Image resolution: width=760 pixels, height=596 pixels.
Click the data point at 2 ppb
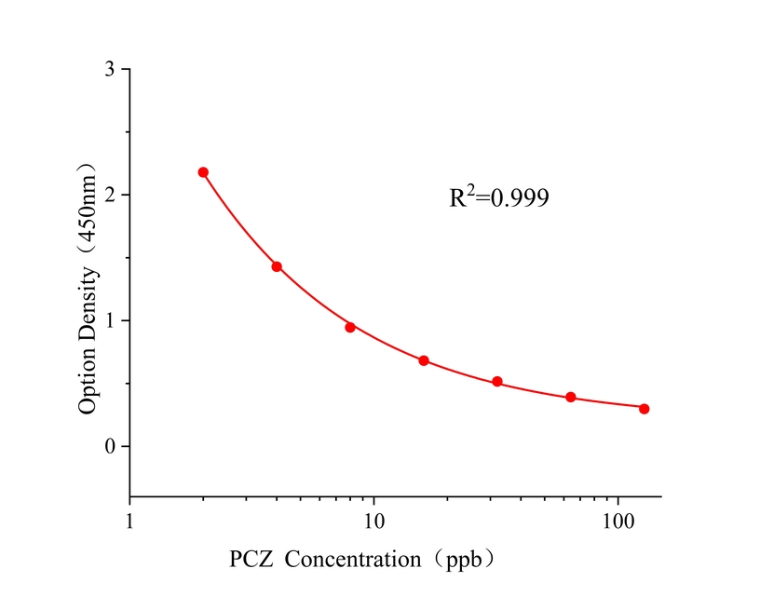(203, 172)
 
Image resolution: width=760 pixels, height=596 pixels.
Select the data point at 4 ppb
(277, 266)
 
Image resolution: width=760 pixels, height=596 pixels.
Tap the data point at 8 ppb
(350, 327)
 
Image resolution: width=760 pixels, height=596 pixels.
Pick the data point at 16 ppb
(424, 360)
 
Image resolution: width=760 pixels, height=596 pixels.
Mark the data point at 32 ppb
(497, 382)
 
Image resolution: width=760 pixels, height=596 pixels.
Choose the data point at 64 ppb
(571, 397)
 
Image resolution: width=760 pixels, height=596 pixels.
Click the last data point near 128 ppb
(644, 409)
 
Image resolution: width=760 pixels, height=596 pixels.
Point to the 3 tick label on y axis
(111, 70)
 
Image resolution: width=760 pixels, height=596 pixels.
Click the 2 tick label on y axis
(111, 196)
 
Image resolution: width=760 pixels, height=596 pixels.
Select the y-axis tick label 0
(111, 447)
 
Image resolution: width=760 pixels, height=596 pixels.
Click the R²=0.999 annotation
(498, 197)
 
